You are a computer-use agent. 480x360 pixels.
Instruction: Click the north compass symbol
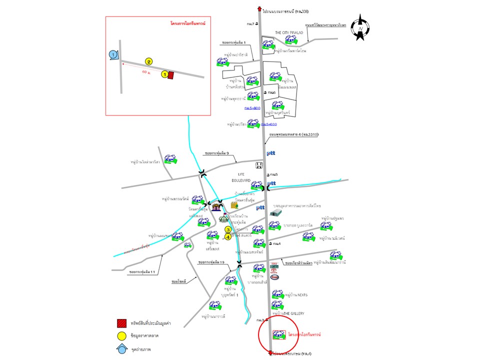pos(360,28)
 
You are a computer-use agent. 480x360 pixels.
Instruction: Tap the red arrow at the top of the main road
pos(260,7)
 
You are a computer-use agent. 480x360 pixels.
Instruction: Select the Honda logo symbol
pos(259,165)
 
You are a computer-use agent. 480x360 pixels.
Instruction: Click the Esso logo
pos(274,276)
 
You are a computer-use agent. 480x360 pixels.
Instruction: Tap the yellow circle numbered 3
pos(228,229)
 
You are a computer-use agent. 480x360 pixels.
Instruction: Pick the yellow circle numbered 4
pos(228,237)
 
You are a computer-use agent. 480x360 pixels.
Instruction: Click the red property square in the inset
pos(171,75)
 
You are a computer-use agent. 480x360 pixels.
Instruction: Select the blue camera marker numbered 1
pos(113,54)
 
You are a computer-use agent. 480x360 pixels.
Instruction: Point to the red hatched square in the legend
pos(121,323)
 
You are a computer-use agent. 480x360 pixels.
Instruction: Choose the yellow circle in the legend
pos(121,336)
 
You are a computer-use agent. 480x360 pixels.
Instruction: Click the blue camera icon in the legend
pos(121,349)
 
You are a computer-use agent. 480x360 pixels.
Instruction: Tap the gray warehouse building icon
pos(275,212)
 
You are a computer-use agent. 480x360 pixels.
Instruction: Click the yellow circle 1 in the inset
pos(164,74)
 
